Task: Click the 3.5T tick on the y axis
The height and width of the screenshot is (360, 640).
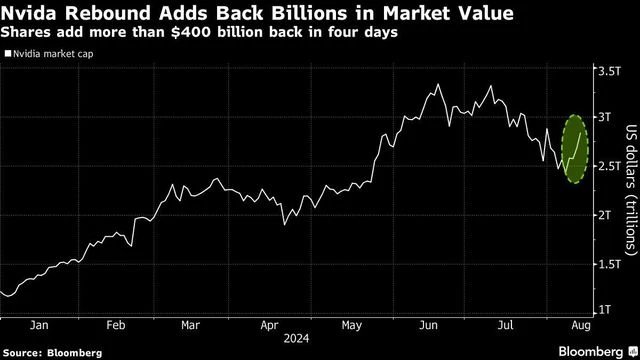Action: pos(608,72)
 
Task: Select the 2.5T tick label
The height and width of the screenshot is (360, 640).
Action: pos(608,166)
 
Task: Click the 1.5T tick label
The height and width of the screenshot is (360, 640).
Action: pos(608,264)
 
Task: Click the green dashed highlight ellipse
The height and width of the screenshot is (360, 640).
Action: pos(575,149)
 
